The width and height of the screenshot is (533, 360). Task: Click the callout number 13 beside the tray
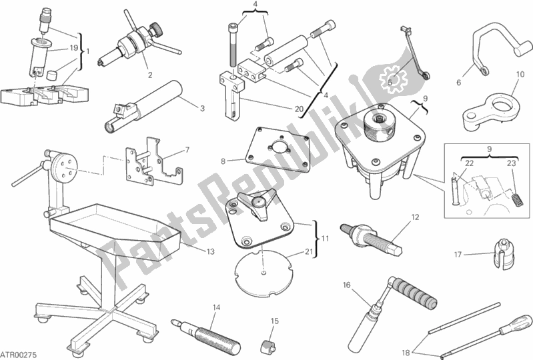pyautogui.click(x=210, y=251)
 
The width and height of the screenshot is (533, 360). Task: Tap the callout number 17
pyautogui.click(x=458, y=254)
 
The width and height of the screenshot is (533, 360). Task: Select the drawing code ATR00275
pyautogui.click(x=19, y=355)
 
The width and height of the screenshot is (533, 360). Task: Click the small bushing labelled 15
pyautogui.click(x=268, y=346)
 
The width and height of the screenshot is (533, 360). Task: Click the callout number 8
pyautogui.click(x=223, y=161)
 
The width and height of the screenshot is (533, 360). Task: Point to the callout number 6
pyautogui.click(x=458, y=83)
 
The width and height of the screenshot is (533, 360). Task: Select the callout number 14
pyautogui.click(x=216, y=308)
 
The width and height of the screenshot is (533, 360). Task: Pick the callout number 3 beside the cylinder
pyautogui.click(x=202, y=109)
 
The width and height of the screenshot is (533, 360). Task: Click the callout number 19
pyautogui.click(x=74, y=48)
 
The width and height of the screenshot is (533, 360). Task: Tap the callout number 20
pyautogui.click(x=298, y=109)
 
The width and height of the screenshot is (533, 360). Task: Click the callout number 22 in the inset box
pyautogui.click(x=469, y=163)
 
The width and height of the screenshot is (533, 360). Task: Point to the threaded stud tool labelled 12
pyautogui.click(x=371, y=237)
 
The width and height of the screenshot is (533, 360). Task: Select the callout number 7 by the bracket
pyautogui.click(x=187, y=150)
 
